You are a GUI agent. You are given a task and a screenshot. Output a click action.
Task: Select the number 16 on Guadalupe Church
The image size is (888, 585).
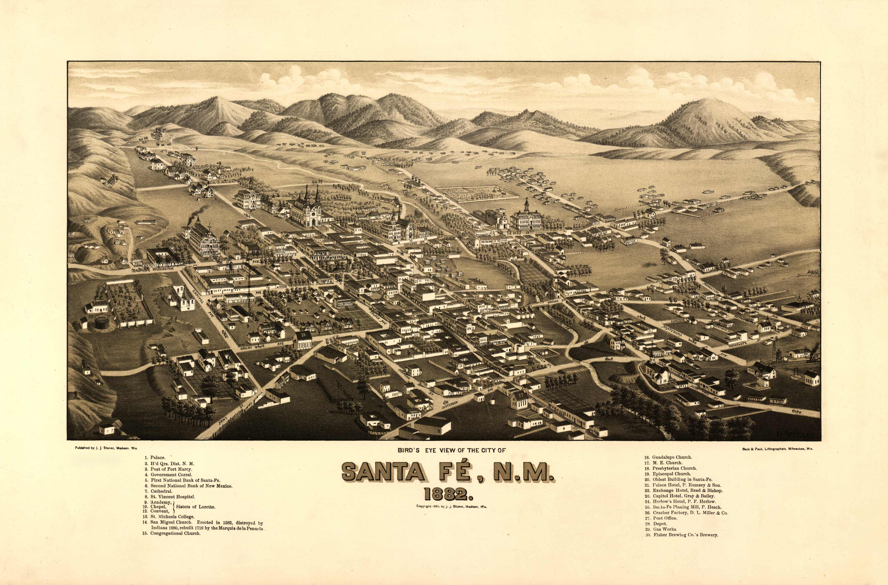coord(664,381)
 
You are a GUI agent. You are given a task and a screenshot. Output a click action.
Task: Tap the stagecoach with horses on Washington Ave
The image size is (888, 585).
coord(140,269)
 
